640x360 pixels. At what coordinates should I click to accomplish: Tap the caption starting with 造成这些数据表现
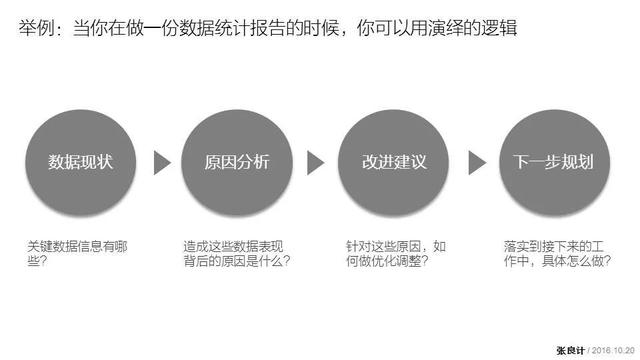coord(236,253)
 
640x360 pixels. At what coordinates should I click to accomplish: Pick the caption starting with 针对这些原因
coord(395,253)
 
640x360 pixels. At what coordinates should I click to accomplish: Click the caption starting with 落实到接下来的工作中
coord(553,253)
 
